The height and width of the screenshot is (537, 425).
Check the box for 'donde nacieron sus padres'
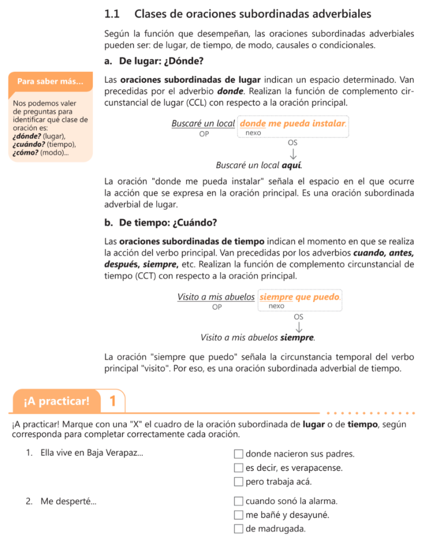pyautogui.click(x=239, y=454)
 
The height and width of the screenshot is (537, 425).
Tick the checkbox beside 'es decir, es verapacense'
pyautogui.click(x=239, y=468)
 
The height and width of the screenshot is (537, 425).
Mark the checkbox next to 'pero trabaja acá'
pyautogui.click(x=239, y=481)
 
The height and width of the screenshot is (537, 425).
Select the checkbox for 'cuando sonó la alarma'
pyautogui.click(x=239, y=501)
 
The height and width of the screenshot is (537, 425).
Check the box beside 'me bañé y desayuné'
pyautogui.click(x=239, y=515)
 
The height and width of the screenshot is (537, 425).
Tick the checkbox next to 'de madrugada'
pyautogui.click(x=239, y=529)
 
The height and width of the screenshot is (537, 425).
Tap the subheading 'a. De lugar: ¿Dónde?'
pyautogui.click(x=154, y=61)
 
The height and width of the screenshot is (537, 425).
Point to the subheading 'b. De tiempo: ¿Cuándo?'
pyautogui.click(x=161, y=223)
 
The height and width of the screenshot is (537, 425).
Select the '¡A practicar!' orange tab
pyautogui.click(x=56, y=402)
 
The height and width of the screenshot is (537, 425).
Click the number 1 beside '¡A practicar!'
pyautogui.click(x=112, y=402)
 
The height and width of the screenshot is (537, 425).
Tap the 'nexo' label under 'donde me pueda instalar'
pyautogui.click(x=253, y=133)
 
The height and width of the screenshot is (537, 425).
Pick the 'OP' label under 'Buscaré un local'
pyautogui.click(x=204, y=134)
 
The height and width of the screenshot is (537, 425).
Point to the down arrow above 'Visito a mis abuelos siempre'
pyautogui.click(x=299, y=327)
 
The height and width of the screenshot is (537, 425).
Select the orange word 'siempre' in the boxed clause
pyautogui.click(x=277, y=297)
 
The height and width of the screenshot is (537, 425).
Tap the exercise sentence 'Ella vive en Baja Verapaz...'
pyautogui.click(x=91, y=454)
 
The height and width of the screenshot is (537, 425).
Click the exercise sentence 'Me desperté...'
pyautogui.click(x=68, y=501)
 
